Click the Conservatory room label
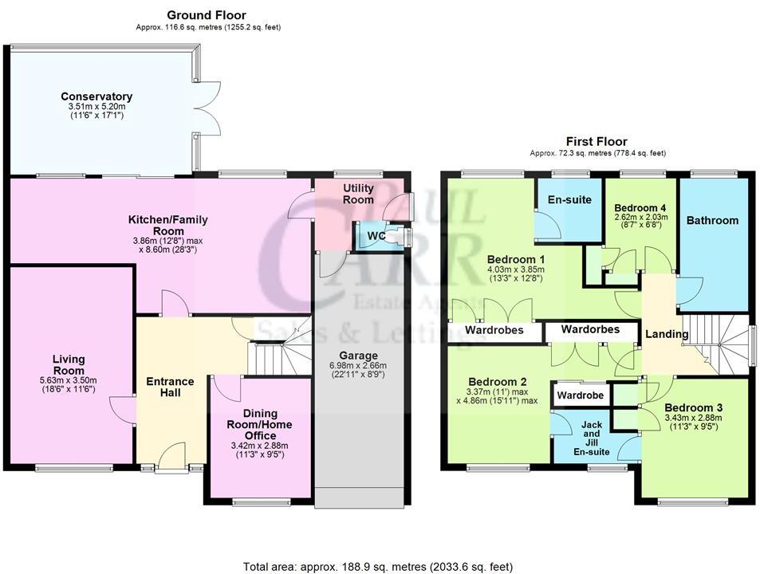coord(96,96)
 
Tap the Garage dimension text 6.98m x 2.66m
coord(358,366)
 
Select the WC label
coord(376,236)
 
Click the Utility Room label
coord(358,194)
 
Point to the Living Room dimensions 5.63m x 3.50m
coord(69,380)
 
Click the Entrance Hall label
coord(170,387)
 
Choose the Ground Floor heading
coord(207,15)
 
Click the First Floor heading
coord(597,141)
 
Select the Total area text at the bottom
coord(377,566)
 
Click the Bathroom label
coord(712,220)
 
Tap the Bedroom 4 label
coord(640,208)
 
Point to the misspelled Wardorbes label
coord(590,329)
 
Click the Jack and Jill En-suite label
coord(591,438)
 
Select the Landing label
coord(667,334)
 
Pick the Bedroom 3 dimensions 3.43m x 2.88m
coord(693,418)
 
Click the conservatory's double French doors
coord(208,108)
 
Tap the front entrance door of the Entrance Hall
coord(172,456)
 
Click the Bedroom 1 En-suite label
coord(569,199)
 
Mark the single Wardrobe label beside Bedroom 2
coord(581,395)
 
